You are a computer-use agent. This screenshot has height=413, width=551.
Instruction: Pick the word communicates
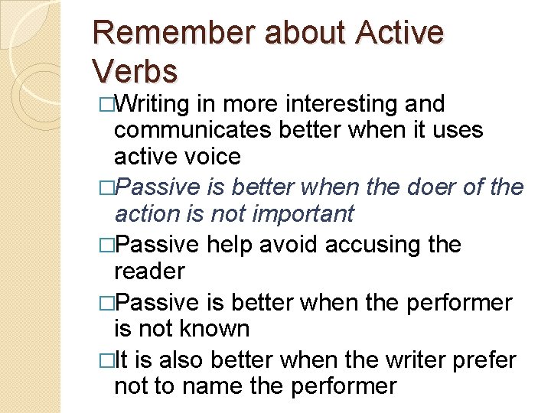click(194, 130)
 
